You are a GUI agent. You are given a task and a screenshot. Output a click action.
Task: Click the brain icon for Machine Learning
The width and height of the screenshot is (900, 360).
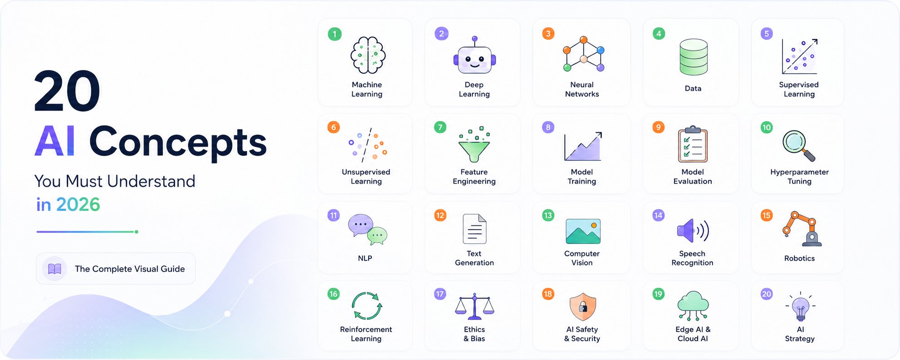[368, 55]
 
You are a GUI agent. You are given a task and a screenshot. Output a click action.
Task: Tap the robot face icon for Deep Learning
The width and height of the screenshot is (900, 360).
[474, 56]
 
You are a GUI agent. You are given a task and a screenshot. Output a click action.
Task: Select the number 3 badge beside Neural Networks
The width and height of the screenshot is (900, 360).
[548, 34]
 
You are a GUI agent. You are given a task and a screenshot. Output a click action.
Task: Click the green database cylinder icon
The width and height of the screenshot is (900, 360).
[693, 57]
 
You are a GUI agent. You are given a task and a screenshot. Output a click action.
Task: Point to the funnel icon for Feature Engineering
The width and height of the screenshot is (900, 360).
[474, 144]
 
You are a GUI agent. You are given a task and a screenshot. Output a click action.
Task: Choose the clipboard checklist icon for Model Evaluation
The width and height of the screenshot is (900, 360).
[693, 144]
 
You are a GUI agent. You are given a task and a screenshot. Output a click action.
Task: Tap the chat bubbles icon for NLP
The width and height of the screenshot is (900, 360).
[367, 229]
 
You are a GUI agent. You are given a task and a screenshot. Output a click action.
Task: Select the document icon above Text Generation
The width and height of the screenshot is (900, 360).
[474, 229]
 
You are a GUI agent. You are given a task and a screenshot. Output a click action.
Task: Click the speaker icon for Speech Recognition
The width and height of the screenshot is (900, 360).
[693, 231]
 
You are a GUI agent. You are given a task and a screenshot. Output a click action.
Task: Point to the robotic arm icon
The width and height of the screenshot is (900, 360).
[802, 229]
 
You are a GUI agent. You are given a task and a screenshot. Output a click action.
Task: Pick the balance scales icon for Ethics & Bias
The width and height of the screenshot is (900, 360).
[474, 306]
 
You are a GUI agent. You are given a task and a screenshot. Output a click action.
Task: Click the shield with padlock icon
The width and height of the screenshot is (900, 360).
[583, 306]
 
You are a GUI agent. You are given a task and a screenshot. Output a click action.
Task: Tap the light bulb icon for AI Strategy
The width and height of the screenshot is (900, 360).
[800, 306]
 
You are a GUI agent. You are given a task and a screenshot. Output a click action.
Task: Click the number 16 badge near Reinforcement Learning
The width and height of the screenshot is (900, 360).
[334, 294]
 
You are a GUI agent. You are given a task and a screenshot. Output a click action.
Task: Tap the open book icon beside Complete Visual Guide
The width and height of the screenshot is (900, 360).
[54, 269]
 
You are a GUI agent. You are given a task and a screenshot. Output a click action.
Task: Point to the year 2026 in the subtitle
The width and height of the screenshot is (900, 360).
[78, 204]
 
